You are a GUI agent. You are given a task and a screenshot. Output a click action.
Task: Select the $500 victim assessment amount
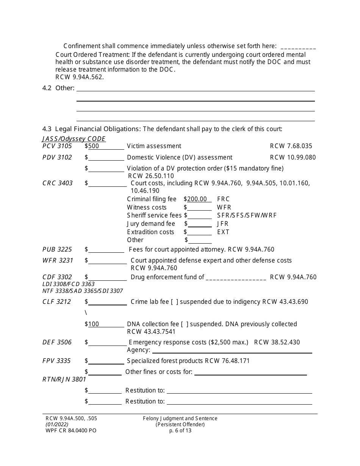pyautogui.click(x=93, y=146)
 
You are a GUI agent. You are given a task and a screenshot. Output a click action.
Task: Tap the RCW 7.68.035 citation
pyautogui.click(x=291, y=146)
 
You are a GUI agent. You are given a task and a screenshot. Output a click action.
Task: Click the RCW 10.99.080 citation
pyautogui.click(x=293, y=157)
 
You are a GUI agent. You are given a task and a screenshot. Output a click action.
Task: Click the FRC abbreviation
pyautogui.click(x=223, y=199)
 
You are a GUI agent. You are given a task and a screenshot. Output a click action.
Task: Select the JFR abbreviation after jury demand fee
pyautogui.click(x=223, y=224)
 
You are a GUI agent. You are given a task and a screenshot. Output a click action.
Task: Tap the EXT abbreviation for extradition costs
pyautogui.click(x=223, y=232)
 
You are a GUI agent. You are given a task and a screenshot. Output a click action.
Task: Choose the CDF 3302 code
pyautogui.click(x=57, y=277)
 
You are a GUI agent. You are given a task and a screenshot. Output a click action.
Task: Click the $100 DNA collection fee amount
pyautogui.click(x=93, y=324)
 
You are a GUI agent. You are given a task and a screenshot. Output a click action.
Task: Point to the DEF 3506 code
pyautogui.click(x=57, y=342)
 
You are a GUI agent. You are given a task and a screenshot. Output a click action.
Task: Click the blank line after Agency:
pyautogui.click(x=231, y=350)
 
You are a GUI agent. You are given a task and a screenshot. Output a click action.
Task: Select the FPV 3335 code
pyautogui.click(x=56, y=361)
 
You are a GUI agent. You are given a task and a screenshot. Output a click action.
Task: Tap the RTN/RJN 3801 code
pyautogui.click(x=64, y=379)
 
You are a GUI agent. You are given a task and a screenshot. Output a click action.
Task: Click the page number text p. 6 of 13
pyautogui.click(x=180, y=430)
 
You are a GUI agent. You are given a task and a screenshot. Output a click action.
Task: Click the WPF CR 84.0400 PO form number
pyautogui.click(x=71, y=430)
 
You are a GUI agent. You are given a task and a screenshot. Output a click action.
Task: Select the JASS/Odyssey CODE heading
pyautogui.click(x=74, y=139)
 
